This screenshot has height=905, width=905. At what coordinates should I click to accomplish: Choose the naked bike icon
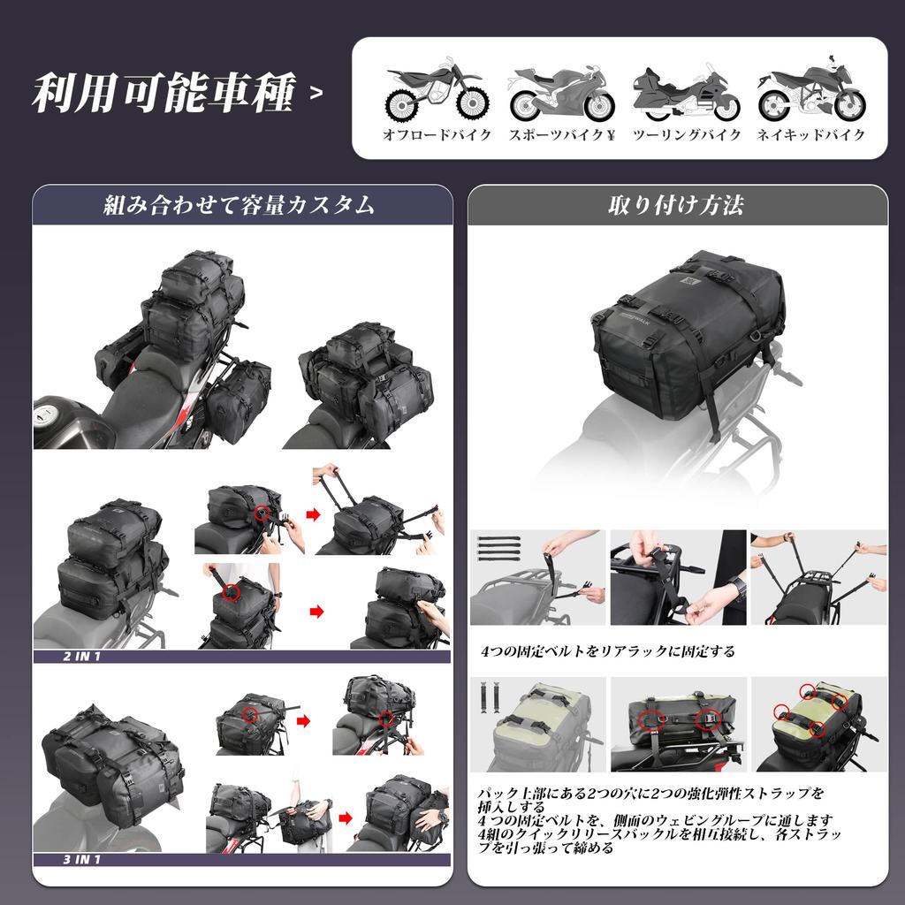pyautogui.click(x=810, y=90)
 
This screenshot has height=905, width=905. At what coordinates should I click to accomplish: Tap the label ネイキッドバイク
pyautogui.click(x=811, y=136)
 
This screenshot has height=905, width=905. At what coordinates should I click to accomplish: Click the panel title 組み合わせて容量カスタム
pyautogui.click(x=239, y=206)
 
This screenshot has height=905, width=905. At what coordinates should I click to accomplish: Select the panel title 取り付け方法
pyautogui.click(x=676, y=206)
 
